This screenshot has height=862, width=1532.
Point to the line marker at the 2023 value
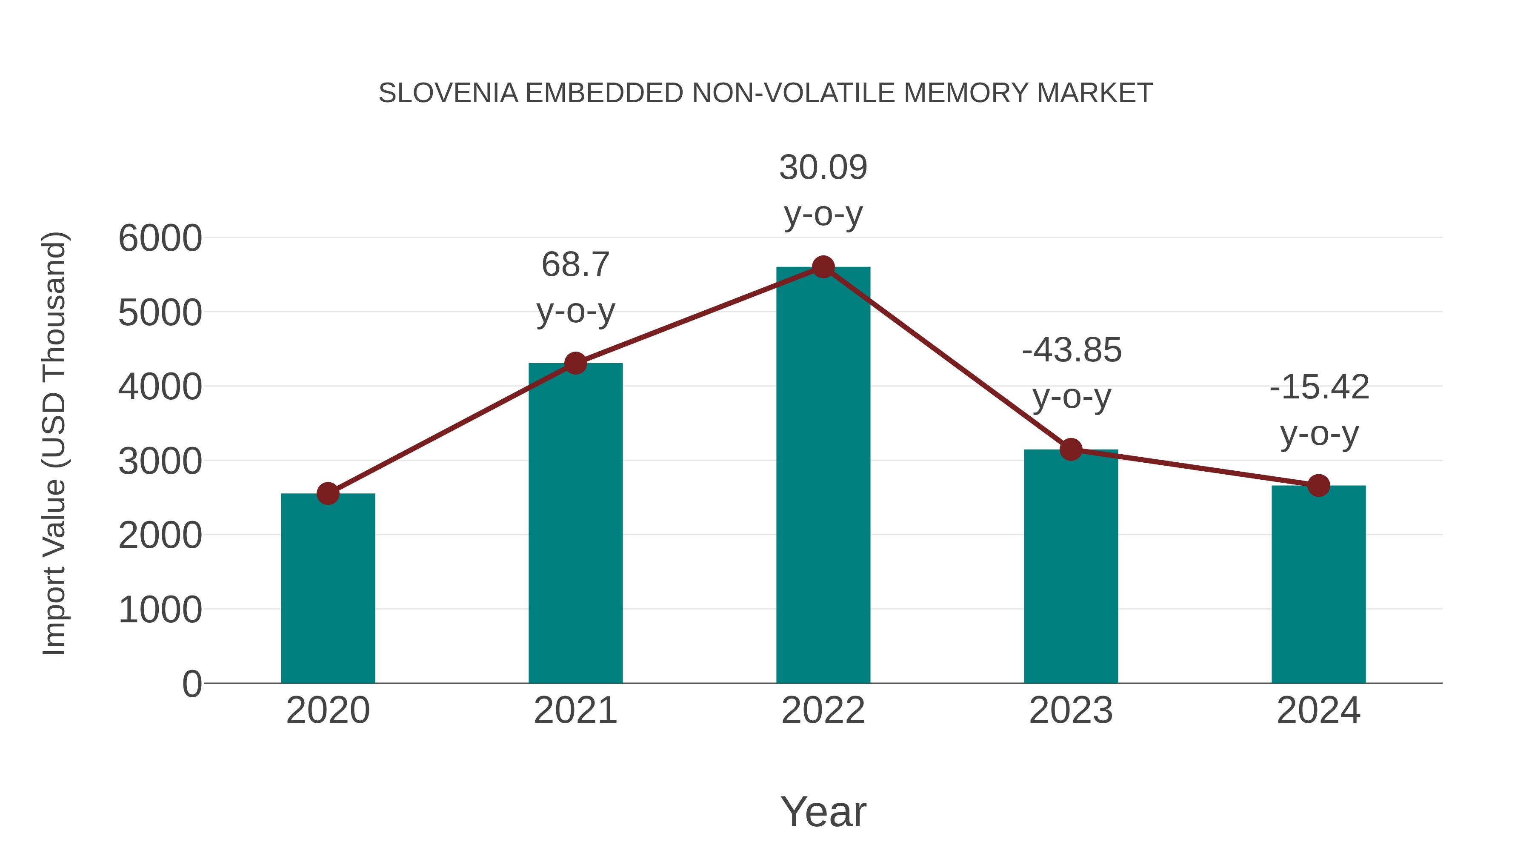coord(1071,450)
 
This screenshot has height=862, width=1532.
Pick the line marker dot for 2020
coord(328,493)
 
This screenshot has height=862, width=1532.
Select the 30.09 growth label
coord(823,190)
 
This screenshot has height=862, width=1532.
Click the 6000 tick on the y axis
coord(160,238)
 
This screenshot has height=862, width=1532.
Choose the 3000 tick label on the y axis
coord(160,461)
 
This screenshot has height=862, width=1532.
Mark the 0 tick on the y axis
coord(191,684)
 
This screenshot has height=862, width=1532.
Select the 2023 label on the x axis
coord(1071,710)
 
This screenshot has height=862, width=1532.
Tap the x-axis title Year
coord(823,811)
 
